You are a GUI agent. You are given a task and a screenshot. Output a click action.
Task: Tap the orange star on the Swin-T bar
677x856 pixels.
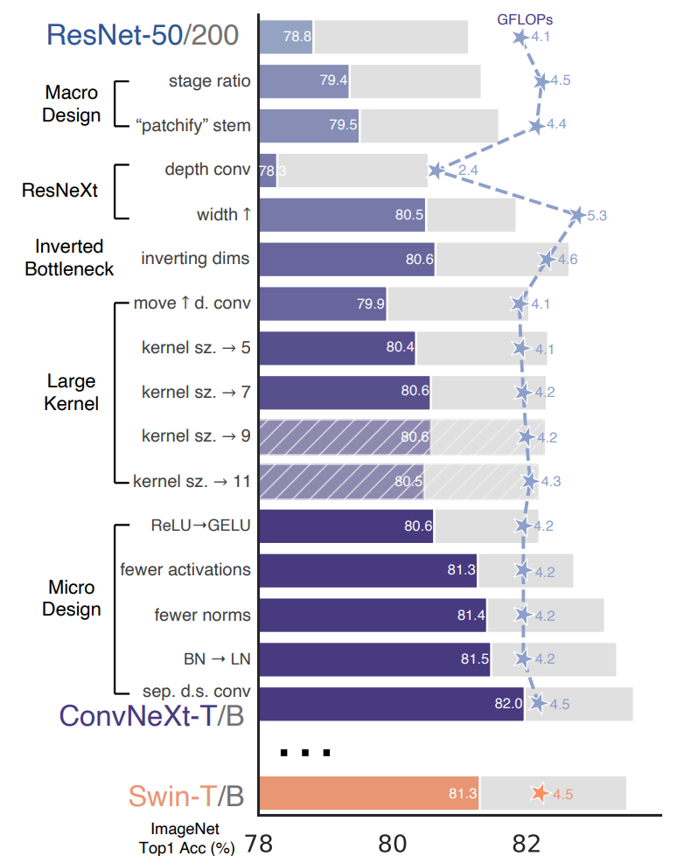coord(541,793)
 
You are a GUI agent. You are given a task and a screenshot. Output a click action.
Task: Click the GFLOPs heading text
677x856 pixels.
coord(525,17)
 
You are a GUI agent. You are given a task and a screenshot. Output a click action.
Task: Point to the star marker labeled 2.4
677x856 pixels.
coord(436,170)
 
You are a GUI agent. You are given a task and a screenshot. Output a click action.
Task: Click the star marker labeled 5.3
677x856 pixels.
coord(577,214)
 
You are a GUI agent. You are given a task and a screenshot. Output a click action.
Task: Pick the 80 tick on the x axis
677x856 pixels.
coord(392,842)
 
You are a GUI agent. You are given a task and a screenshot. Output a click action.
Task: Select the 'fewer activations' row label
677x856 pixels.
coord(185,570)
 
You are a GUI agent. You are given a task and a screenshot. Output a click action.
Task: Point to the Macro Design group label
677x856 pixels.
coord(73,103)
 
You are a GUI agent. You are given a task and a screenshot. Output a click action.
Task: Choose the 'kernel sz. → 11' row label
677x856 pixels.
coord(192,481)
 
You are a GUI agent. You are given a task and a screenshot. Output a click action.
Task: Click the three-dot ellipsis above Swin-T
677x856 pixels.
coord(305,751)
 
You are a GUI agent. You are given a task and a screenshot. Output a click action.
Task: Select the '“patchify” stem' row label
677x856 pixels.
coord(192,125)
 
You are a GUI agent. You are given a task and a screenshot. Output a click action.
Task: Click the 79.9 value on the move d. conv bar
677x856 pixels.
coord(369,303)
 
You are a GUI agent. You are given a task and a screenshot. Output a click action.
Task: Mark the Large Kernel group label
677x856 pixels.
coord(73,393)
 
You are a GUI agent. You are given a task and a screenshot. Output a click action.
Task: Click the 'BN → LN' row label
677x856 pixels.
coord(211,659)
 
